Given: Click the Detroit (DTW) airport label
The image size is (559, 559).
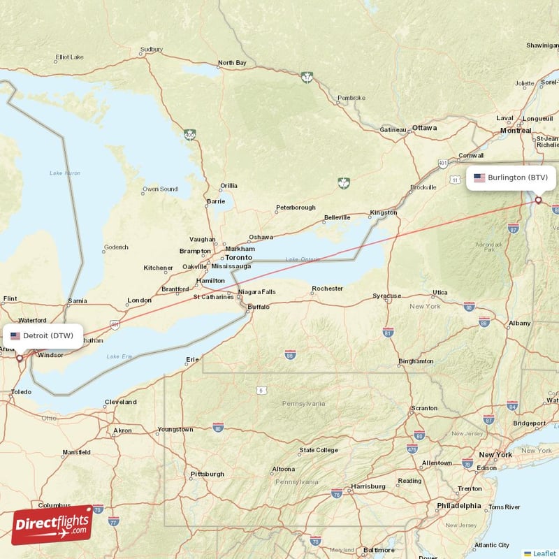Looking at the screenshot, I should pos(42,335).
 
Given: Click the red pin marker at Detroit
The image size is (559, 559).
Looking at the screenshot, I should pos(20,358).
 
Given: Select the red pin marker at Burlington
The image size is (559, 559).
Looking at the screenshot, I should pos(538,201).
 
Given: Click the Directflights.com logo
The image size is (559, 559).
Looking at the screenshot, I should pos(52,524).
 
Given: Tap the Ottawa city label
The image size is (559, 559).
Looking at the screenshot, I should pos(424,128).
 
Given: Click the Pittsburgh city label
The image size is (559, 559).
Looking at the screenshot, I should pos(207,474).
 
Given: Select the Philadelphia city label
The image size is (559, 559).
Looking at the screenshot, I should pos(458,505).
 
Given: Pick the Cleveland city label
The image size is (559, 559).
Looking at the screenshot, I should pos(120,402).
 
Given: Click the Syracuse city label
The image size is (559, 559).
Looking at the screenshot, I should pos(386,296).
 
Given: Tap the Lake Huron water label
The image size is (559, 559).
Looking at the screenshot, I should pos(65,173).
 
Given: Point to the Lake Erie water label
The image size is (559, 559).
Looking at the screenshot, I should pos(119,356).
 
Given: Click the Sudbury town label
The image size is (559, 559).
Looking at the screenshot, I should pos(151,50).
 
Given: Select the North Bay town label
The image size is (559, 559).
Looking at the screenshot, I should pos(232,63).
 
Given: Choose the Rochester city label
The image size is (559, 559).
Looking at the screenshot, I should pos(327,288).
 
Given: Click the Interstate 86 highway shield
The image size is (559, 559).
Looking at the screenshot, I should pos(290,356).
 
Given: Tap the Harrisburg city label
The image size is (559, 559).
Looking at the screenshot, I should pos(368,486).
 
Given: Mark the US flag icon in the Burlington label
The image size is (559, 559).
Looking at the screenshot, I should pos(479,177).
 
